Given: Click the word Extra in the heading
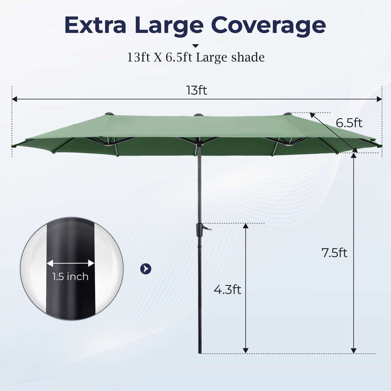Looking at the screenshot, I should (95, 25).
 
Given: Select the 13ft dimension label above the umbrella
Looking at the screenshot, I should (197, 90).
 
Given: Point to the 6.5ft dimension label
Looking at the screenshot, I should (349, 123).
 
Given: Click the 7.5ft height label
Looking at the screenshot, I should (334, 253).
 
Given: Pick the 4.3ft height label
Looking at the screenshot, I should (227, 290).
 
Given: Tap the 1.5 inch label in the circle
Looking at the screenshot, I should (70, 277).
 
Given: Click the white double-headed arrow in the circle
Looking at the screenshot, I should (70, 263).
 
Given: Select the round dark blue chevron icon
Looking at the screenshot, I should (146, 269).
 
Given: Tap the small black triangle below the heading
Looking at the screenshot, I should (195, 46).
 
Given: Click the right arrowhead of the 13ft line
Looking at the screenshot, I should (379, 99).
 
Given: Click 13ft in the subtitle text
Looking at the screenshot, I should (138, 57).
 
